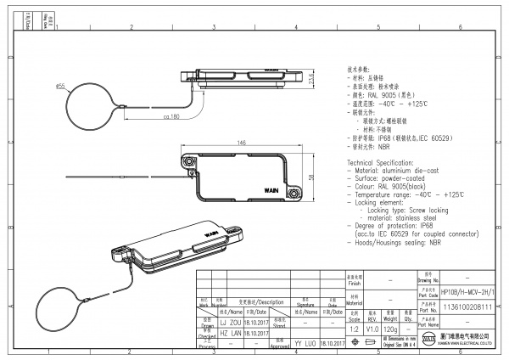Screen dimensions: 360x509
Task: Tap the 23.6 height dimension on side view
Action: (x=311, y=78)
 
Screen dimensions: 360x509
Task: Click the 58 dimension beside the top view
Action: (x=311, y=177)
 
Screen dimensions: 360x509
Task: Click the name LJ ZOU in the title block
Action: (x=230, y=323)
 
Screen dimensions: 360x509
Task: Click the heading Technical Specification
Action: (x=381, y=161)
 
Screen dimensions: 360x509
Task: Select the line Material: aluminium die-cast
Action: (x=400, y=170)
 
